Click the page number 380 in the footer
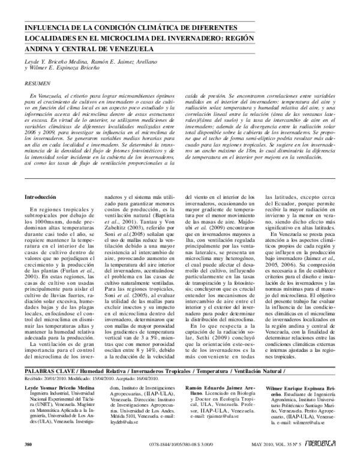(x=28, y=461)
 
